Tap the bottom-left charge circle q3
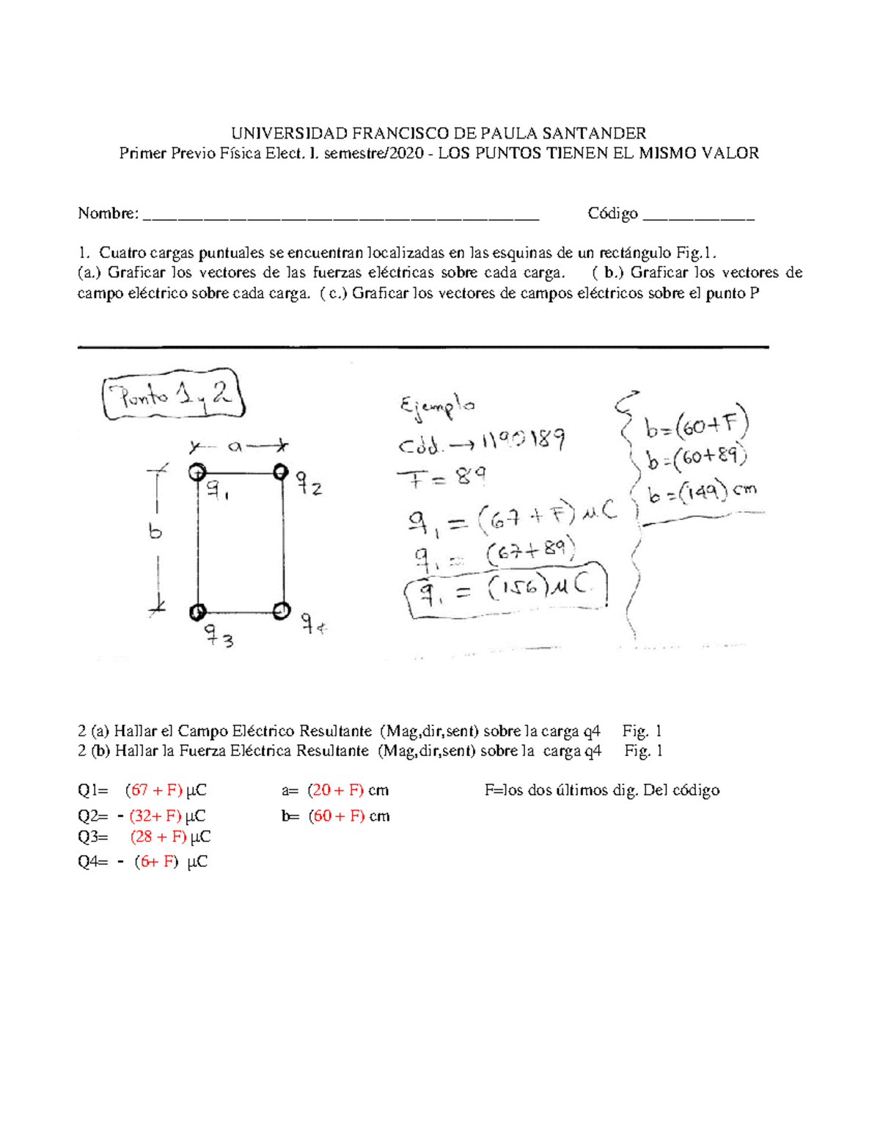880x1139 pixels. pyautogui.click(x=197, y=611)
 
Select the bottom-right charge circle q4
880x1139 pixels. pyautogui.click(x=282, y=610)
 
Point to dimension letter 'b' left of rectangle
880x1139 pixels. pyautogui.click(x=155, y=532)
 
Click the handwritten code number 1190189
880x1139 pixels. pyautogui.click(x=521, y=442)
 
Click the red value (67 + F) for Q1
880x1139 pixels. pyautogui.click(x=153, y=791)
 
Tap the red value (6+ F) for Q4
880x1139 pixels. pyautogui.click(x=156, y=862)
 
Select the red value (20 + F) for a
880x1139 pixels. pyautogui.click(x=336, y=791)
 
